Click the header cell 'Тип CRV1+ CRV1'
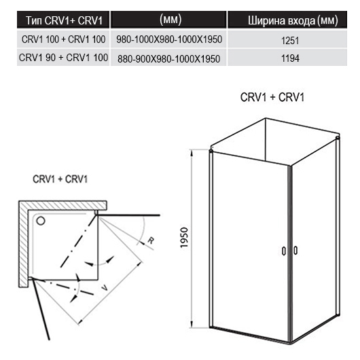coord(64,20)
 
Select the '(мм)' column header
coord(170,20)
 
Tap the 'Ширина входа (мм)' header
coord(293,20)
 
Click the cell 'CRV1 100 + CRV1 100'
coord(64,39)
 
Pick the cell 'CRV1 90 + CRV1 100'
coord(63,58)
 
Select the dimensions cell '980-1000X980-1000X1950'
coord(169,39)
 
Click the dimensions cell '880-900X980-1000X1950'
coord(168,59)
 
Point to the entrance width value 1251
coord(290,41)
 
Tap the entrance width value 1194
coord(290,58)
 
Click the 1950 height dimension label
coord(184,238)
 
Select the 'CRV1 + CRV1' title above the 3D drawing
coord(272,97)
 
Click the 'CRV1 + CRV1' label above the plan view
coord(60,179)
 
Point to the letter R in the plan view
coord(151,241)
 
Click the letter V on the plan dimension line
coord(104,287)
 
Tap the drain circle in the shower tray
coord(41,221)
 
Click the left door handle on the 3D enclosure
coord(284,251)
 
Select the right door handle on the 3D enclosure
coord(295,251)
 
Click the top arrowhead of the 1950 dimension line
coord(192,154)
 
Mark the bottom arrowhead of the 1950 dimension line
coord(192,323)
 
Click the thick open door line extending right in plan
coord(128,215)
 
